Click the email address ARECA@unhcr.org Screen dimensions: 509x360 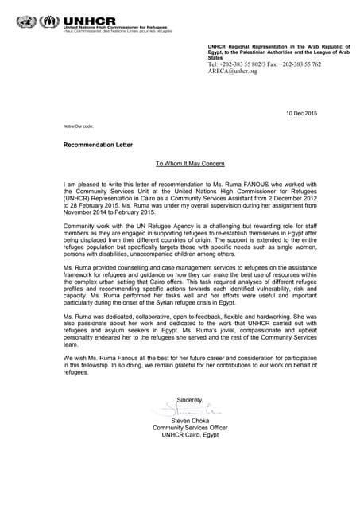pyautogui.click(x=232, y=72)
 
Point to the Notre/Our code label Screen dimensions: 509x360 pyautogui.click(x=79, y=127)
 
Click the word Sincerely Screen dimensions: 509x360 pyautogui.click(x=190, y=399)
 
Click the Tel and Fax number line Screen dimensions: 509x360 pyautogui.click(x=264, y=64)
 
